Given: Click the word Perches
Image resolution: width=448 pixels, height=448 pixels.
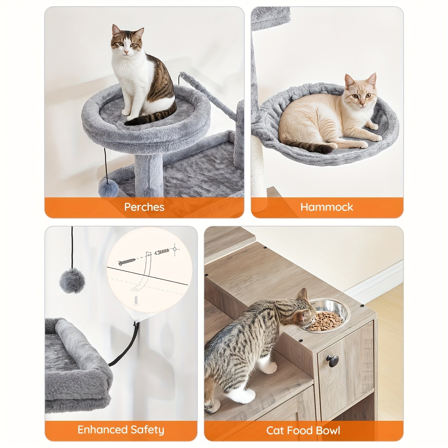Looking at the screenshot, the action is pos(144,207).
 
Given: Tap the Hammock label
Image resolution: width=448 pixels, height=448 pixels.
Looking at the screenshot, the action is pos(327,207).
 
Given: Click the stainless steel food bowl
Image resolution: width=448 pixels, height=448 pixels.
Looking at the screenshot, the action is pos(328,320).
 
